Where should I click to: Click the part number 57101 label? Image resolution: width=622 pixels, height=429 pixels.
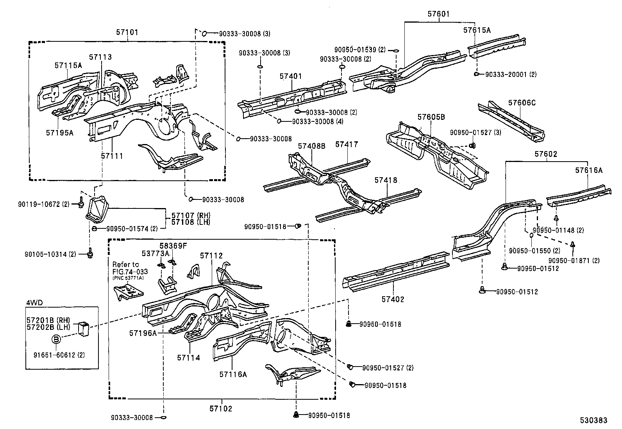point(127,32)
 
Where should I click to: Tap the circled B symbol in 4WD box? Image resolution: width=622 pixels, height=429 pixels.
point(56,339)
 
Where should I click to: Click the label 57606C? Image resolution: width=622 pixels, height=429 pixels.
point(522,103)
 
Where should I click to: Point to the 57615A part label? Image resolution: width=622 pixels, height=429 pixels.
point(477,30)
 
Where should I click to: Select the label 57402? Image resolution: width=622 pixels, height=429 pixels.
point(393,299)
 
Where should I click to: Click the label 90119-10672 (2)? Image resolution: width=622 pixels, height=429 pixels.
point(43,204)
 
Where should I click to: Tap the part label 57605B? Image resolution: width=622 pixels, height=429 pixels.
point(431,117)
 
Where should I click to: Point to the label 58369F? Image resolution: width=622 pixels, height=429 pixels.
point(173,246)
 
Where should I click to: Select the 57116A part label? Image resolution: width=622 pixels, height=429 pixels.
point(233,374)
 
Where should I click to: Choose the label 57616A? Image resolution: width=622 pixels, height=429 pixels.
point(588,170)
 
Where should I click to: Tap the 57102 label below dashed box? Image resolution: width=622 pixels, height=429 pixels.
point(221,409)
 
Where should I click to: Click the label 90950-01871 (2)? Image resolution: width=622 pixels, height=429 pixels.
point(574,260)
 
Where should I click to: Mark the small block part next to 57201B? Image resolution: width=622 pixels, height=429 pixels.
point(84,328)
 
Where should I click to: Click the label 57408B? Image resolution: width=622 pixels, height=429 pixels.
point(311,146)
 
